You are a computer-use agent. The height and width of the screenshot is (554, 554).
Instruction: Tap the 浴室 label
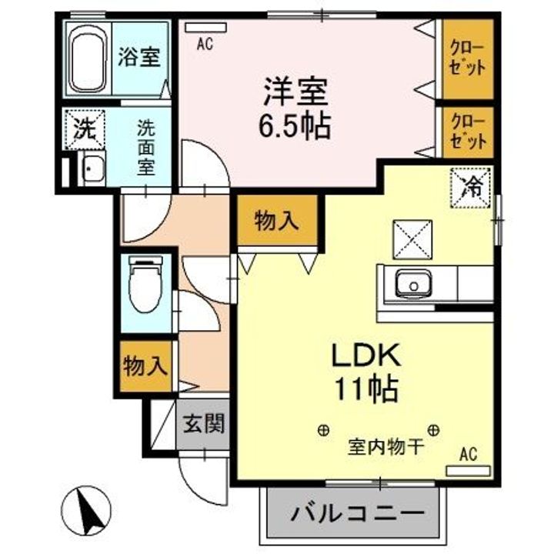(x=139, y=58)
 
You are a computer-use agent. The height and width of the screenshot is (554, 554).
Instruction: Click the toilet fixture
(x=145, y=284)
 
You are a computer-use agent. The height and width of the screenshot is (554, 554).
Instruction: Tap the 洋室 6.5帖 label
(x=295, y=108)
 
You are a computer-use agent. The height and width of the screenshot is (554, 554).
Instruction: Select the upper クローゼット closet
(x=468, y=59)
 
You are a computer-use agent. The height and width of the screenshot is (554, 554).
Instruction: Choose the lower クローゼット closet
(x=468, y=132)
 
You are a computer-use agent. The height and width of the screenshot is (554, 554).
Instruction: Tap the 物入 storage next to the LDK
(x=275, y=222)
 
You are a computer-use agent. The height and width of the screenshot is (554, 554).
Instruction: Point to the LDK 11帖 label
(x=364, y=372)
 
